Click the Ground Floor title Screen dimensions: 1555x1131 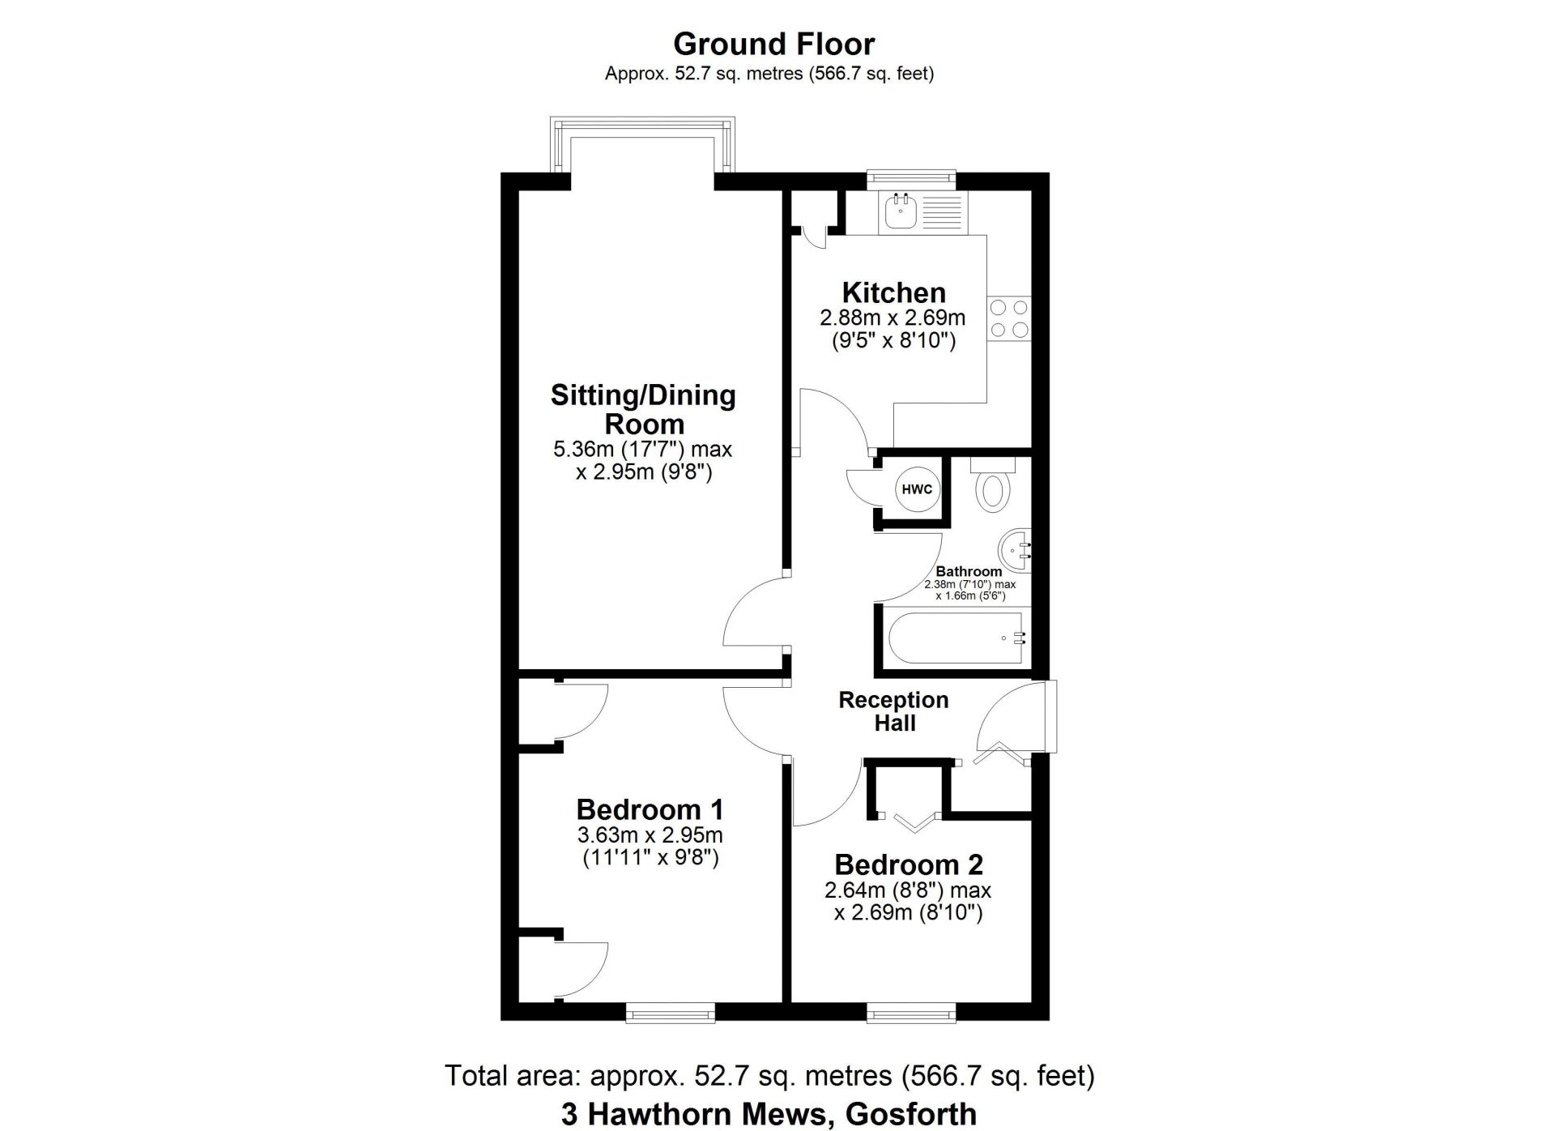point(773,44)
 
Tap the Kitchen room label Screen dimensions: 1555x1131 point(893,292)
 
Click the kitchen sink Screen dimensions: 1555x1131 point(901,211)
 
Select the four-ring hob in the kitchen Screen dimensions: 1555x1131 point(1009,318)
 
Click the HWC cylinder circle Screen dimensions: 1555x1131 point(917,489)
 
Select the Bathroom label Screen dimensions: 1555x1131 point(969,571)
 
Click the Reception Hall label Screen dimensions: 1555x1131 point(893,711)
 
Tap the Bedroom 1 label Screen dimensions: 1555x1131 point(650,809)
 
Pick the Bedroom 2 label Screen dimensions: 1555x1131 point(909,864)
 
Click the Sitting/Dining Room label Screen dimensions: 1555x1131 point(644,409)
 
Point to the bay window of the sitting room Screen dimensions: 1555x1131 point(643,144)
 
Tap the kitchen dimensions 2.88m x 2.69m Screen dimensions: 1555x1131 point(893,318)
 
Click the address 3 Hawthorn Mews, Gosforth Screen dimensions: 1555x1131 point(769,1114)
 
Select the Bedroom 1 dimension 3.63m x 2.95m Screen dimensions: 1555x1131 point(650,835)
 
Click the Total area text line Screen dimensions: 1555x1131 point(769,1076)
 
